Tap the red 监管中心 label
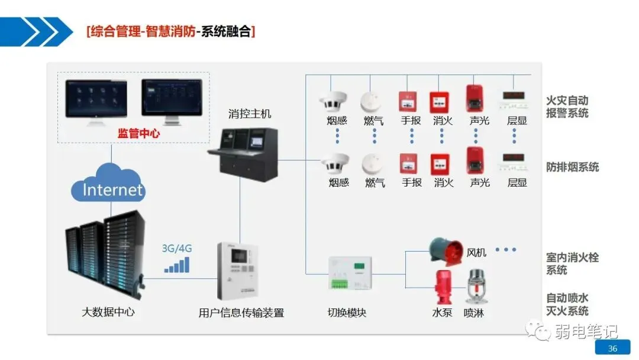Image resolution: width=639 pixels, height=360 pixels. click(x=138, y=134)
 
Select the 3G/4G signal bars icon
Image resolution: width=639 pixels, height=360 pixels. click(x=177, y=265)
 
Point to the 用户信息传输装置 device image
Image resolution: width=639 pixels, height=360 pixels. click(x=241, y=272)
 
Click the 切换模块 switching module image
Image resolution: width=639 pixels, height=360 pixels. click(x=350, y=274)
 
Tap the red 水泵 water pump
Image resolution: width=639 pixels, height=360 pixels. click(x=442, y=287)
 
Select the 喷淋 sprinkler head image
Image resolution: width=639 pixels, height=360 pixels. click(x=475, y=287)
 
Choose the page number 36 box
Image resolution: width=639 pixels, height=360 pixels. click(x=612, y=348)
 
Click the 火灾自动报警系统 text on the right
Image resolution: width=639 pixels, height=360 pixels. click(x=567, y=107)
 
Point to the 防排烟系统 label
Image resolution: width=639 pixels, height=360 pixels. click(x=572, y=167)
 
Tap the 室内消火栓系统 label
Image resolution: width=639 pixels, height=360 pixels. click(x=572, y=264)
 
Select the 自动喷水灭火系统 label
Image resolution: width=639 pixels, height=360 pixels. click(x=567, y=304)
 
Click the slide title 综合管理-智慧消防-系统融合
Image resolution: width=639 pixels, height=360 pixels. click(x=170, y=31)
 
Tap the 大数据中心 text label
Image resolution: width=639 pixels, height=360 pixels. click(x=108, y=311)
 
